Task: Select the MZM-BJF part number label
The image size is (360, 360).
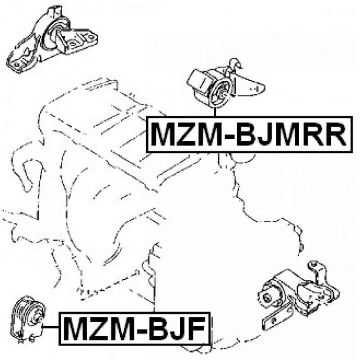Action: point(135,328)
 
